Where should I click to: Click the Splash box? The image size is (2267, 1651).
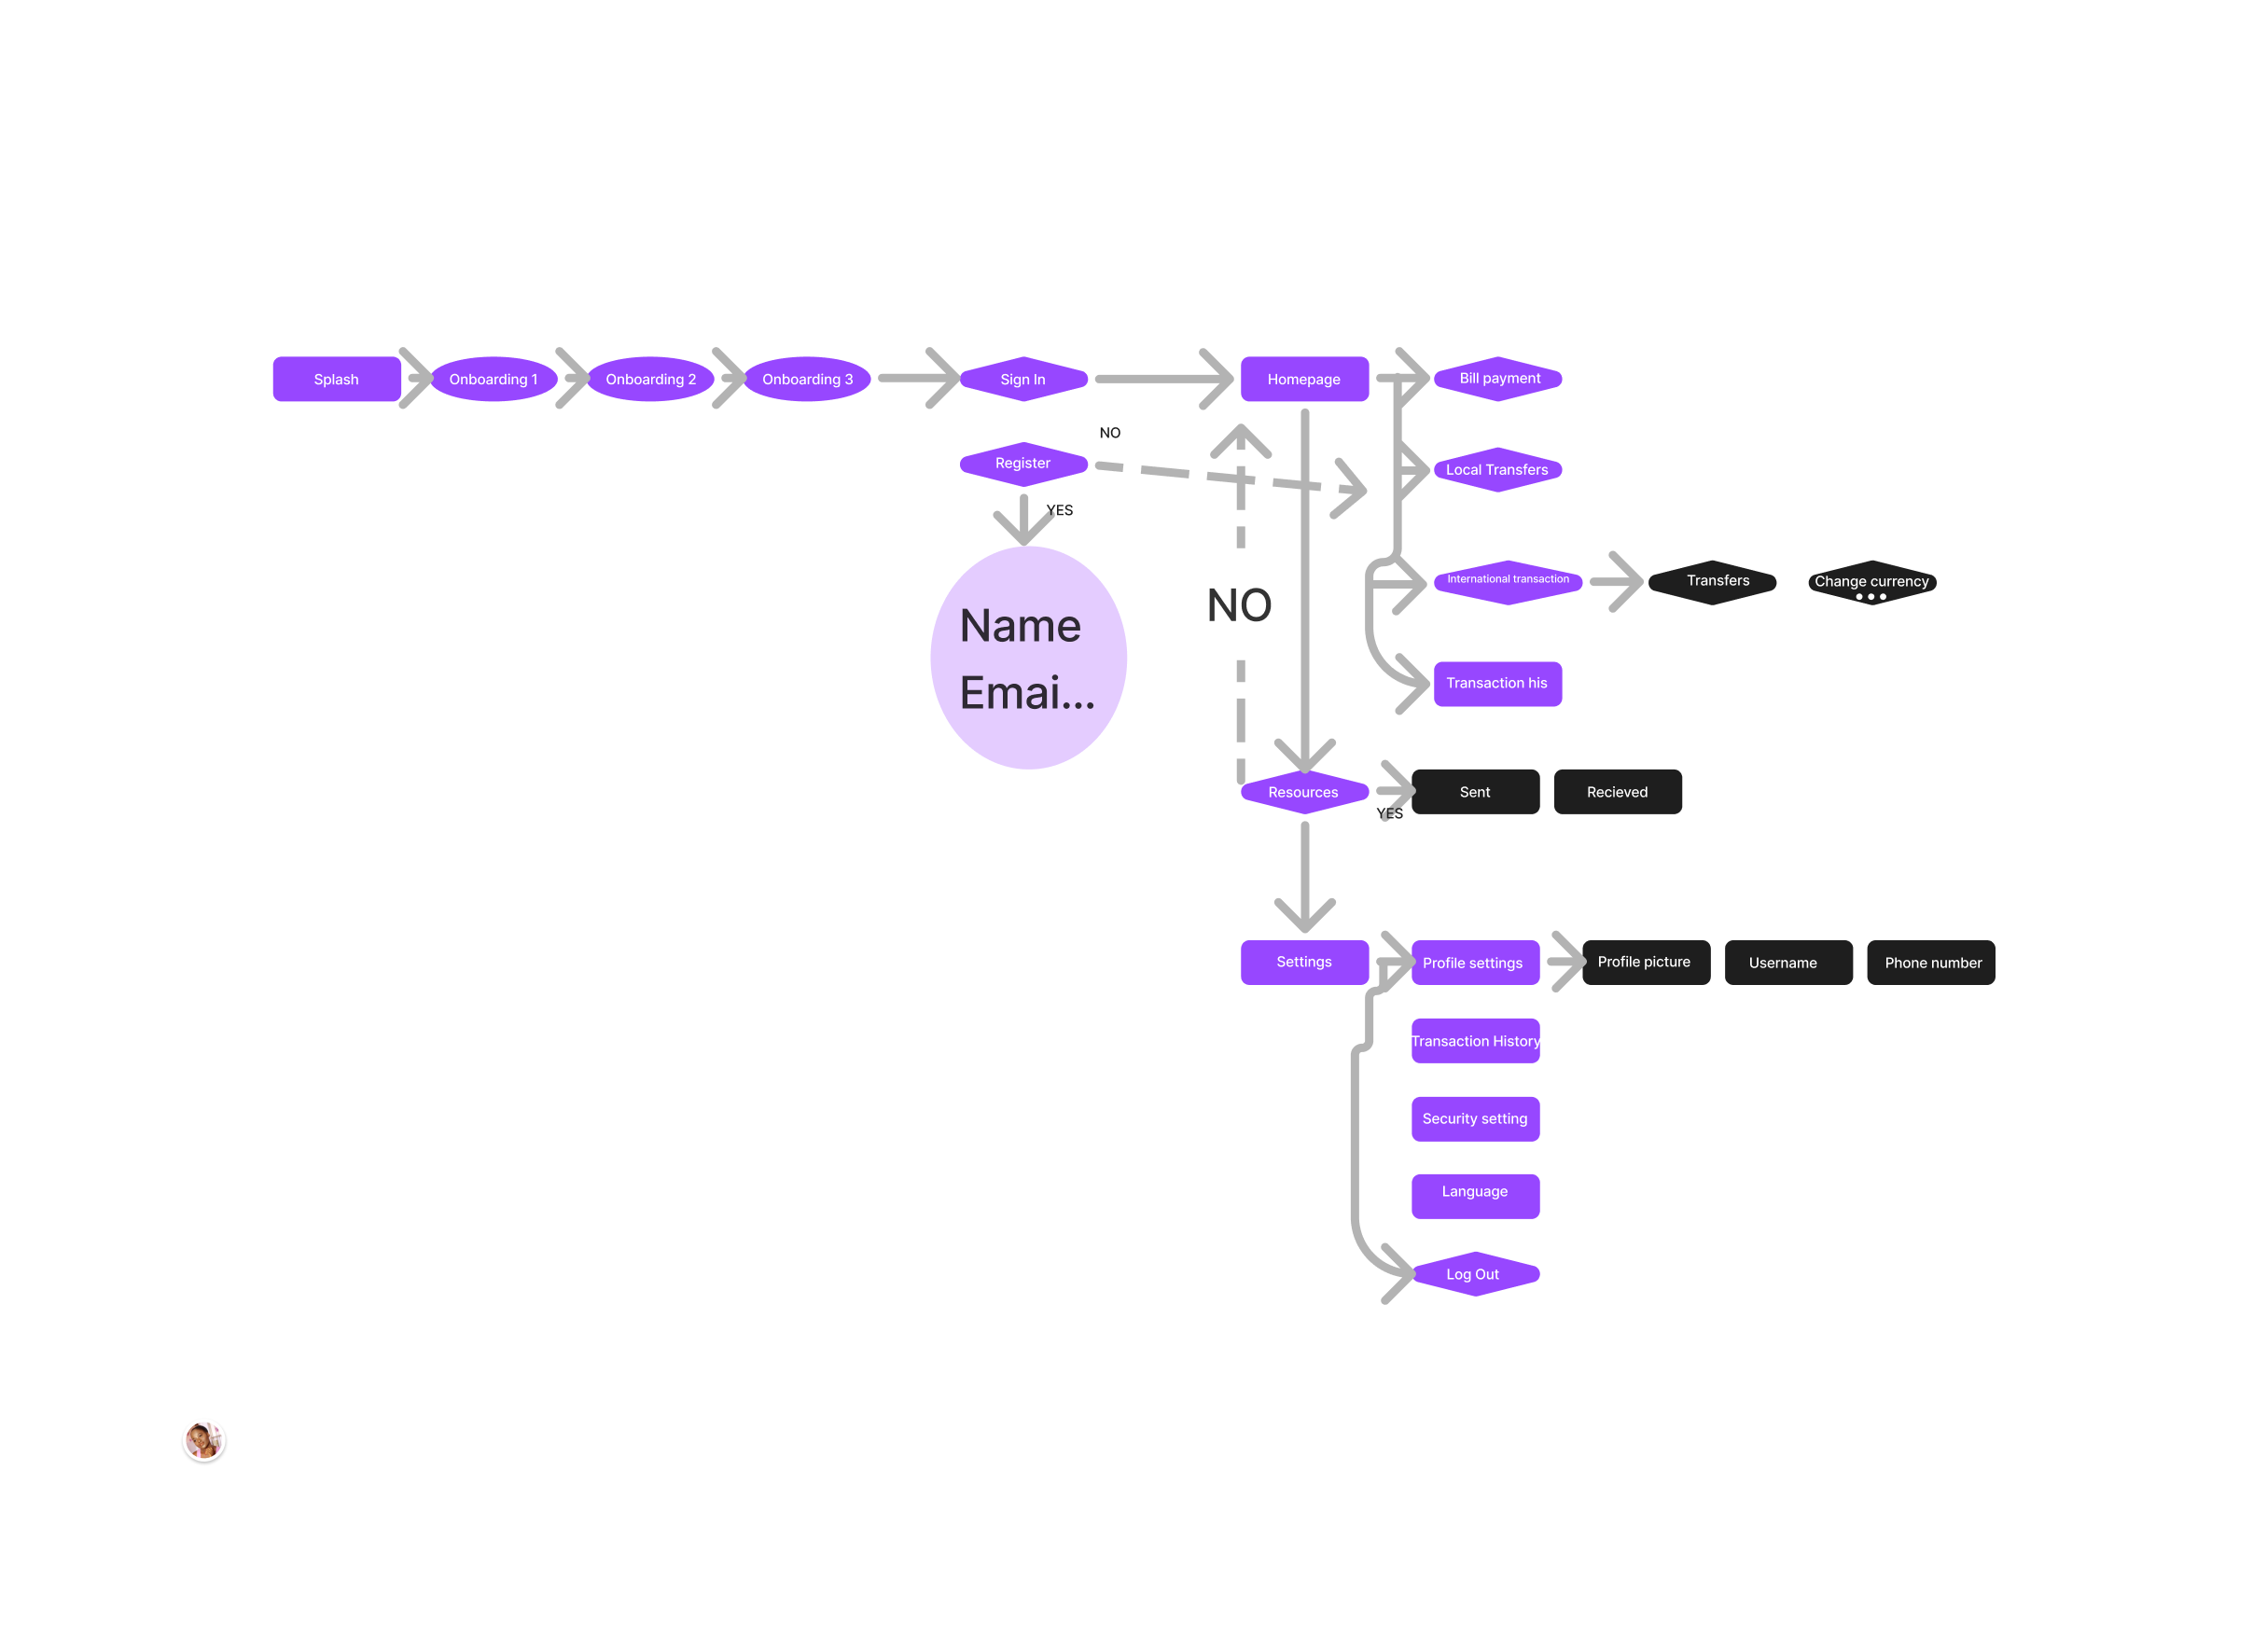[337, 380]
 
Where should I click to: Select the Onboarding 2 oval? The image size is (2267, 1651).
[651, 380]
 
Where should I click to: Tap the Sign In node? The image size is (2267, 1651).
[1023, 380]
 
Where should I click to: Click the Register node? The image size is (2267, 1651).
[1023, 464]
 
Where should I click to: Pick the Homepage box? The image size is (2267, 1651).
[1304, 380]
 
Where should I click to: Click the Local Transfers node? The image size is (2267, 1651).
[1497, 470]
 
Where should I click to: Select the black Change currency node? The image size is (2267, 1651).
[1872, 583]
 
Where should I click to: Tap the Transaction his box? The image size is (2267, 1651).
[1497, 684]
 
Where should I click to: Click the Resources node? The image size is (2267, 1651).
[1303, 793]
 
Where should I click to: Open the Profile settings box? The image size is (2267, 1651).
[1474, 964]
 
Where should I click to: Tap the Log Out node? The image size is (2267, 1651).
[1474, 1274]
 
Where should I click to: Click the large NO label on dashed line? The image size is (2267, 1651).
[1240, 605]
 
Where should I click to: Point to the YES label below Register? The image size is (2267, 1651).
[1060, 511]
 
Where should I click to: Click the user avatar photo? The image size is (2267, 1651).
[204, 1441]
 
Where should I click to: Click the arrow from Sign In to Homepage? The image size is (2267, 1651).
[1160, 380]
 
